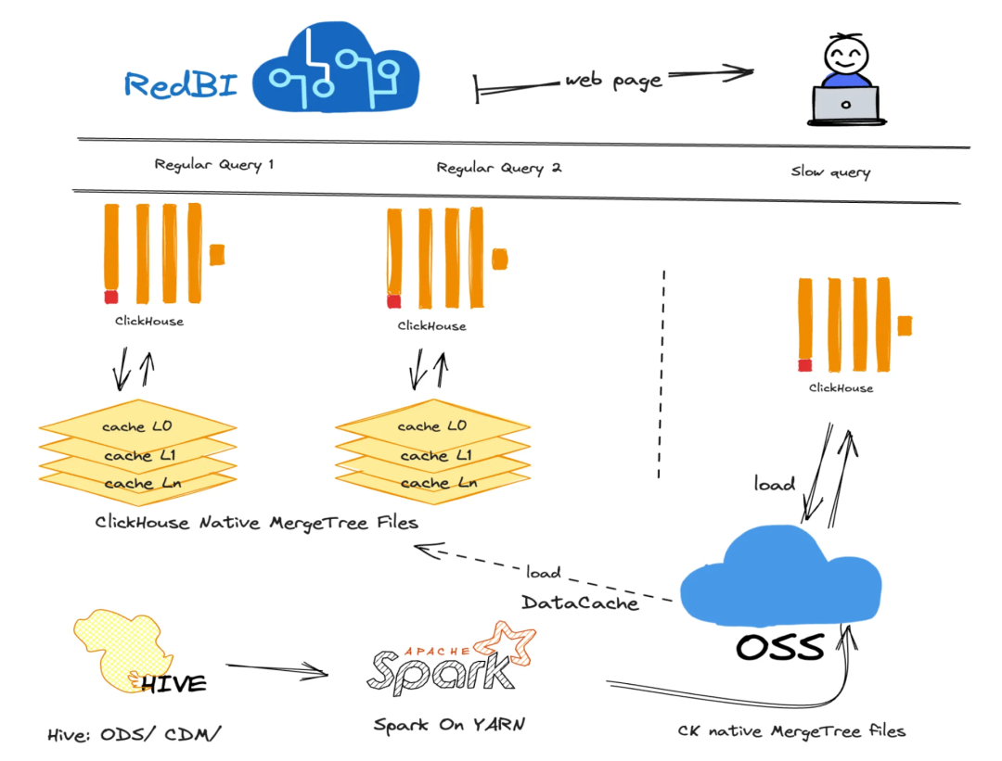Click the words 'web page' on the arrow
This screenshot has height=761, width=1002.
pyautogui.click(x=614, y=81)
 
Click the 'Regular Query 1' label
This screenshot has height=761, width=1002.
pyautogui.click(x=214, y=165)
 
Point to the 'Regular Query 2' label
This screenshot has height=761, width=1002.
pyautogui.click(x=499, y=168)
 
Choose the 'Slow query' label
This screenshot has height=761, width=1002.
pyautogui.click(x=830, y=171)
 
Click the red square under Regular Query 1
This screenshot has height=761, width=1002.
pyautogui.click(x=111, y=297)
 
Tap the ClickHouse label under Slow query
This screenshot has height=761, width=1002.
pyautogui.click(x=841, y=387)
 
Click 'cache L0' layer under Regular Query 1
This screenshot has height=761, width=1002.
pyautogui.click(x=136, y=427)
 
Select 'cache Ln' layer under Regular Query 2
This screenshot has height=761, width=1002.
pyautogui.click(x=432, y=483)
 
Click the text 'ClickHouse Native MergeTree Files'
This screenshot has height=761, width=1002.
pyautogui.click(x=256, y=523)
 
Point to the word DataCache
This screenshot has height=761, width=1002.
pyautogui.click(x=580, y=602)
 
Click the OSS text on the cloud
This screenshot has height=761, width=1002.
pyautogui.click(x=780, y=647)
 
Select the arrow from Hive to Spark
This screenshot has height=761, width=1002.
pyautogui.click(x=278, y=669)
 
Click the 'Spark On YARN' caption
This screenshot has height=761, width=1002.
pyautogui.click(x=448, y=724)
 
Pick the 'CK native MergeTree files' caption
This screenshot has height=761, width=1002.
pyautogui.click(x=791, y=730)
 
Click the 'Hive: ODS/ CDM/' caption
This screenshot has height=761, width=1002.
pyautogui.click(x=135, y=735)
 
